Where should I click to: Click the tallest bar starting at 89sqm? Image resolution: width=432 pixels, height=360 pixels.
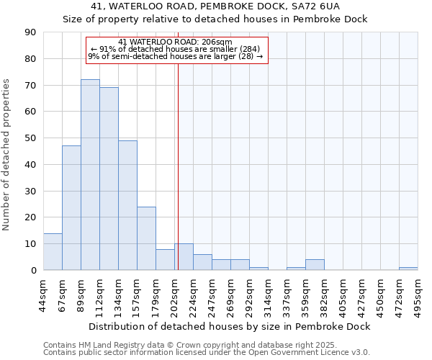point(90,174)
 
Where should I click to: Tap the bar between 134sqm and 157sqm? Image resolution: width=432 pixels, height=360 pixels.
point(127,205)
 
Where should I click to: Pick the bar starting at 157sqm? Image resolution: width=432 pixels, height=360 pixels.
point(146,238)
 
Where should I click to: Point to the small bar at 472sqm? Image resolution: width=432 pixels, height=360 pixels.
point(408,269)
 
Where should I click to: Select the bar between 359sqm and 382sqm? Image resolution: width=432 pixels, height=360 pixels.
point(315,264)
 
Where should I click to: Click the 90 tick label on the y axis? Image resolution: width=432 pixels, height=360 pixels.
point(30,32)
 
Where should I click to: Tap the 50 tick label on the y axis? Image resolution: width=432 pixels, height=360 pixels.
point(30,138)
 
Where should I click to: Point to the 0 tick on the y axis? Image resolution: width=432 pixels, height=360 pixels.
point(33,271)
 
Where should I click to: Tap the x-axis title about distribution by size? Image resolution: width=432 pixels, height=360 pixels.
point(230,326)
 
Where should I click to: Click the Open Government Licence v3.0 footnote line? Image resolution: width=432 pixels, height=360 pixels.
point(207,353)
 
